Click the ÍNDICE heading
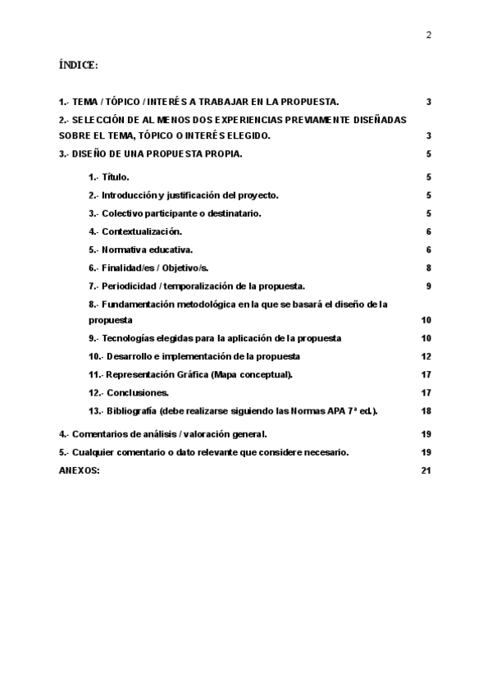pos(79,64)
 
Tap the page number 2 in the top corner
pos(428,34)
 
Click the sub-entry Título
pos(116,177)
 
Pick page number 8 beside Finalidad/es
pos(428,268)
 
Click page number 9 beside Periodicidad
pos(428,286)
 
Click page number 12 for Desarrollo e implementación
pos(426,356)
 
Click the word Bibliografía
pos(131,410)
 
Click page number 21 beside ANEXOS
pos(426,469)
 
